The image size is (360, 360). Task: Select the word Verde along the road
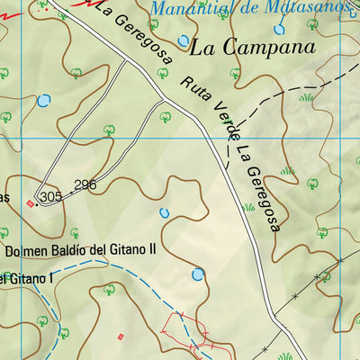216,123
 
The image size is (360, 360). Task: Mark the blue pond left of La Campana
184,40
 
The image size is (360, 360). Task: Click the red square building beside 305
31,203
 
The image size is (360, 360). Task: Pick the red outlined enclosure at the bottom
184,333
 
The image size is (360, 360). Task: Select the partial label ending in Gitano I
23,281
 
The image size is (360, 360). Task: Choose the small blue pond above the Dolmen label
165,212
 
